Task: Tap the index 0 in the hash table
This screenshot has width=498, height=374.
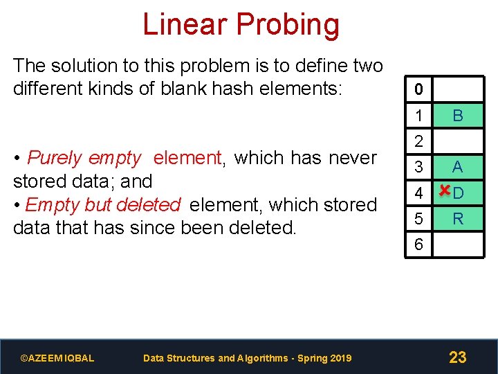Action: click(x=418, y=90)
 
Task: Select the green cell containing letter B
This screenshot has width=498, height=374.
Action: click(x=457, y=116)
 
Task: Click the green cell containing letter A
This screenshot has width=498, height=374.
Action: click(x=457, y=167)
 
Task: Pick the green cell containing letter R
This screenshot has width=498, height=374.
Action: click(x=457, y=219)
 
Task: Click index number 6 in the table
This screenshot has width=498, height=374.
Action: click(x=418, y=245)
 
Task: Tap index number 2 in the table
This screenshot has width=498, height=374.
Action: click(x=418, y=141)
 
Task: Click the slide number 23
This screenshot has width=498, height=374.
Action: click(x=457, y=357)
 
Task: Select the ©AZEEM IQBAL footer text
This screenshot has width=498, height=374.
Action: click(x=57, y=358)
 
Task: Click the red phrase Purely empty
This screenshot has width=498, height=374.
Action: click(x=84, y=158)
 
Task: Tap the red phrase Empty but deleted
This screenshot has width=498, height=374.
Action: click(x=102, y=205)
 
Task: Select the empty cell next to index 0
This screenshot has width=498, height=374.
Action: click(x=457, y=90)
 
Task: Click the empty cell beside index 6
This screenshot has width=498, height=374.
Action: click(x=457, y=245)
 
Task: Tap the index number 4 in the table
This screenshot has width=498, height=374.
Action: click(x=418, y=193)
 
